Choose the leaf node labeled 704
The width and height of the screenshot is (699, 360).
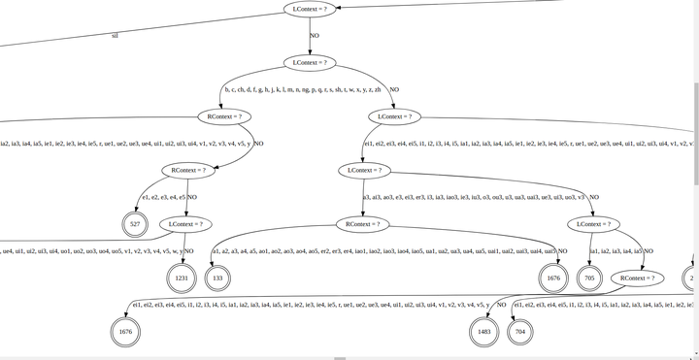[520, 332]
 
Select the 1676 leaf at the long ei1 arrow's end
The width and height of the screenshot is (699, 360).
[125, 332]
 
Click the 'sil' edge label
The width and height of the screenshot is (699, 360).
[116, 35]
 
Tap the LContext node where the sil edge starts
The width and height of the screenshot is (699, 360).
[312, 9]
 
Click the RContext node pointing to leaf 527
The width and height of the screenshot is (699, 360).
[192, 170]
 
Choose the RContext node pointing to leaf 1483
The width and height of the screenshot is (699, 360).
[638, 278]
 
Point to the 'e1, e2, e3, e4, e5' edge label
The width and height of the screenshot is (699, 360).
[163, 197]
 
